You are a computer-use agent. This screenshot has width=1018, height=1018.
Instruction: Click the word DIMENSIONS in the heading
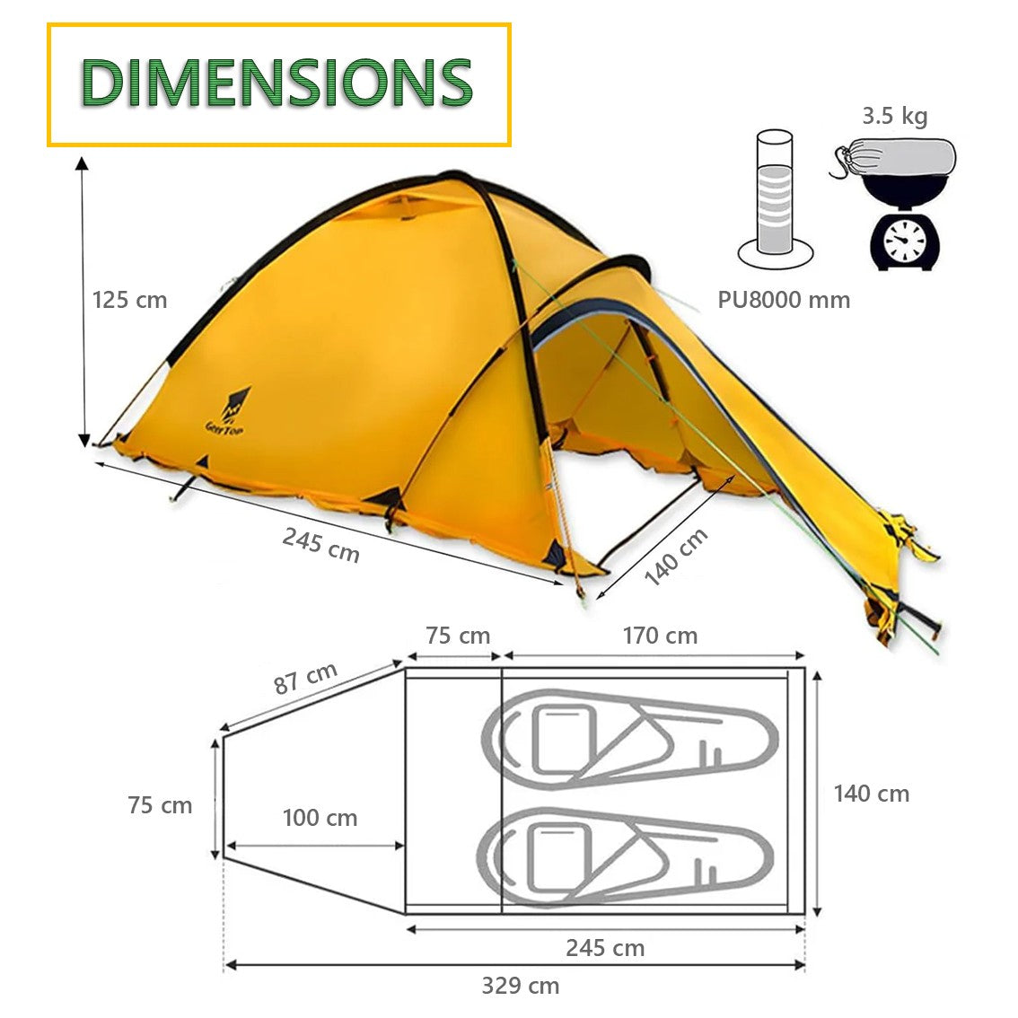(x=277, y=82)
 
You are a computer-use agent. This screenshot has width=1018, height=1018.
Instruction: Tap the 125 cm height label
(x=130, y=300)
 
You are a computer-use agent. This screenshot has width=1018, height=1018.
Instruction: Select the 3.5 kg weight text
(x=894, y=116)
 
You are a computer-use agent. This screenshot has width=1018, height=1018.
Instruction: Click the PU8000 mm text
(x=783, y=300)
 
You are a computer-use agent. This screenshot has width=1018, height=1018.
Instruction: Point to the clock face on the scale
(x=906, y=241)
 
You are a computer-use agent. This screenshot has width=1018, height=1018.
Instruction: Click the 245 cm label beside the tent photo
(x=320, y=545)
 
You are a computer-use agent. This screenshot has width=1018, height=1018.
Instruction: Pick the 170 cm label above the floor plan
(x=660, y=636)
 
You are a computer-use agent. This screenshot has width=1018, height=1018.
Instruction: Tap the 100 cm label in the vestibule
(x=320, y=818)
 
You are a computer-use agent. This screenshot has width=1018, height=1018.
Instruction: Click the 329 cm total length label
(x=520, y=986)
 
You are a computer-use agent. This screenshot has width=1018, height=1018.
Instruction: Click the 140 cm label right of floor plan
(x=871, y=794)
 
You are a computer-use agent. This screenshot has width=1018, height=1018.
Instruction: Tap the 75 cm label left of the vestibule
(x=160, y=805)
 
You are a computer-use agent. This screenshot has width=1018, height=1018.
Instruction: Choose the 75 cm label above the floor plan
(x=458, y=636)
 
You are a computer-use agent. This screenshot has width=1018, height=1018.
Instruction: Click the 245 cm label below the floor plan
(x=604, y=948)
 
